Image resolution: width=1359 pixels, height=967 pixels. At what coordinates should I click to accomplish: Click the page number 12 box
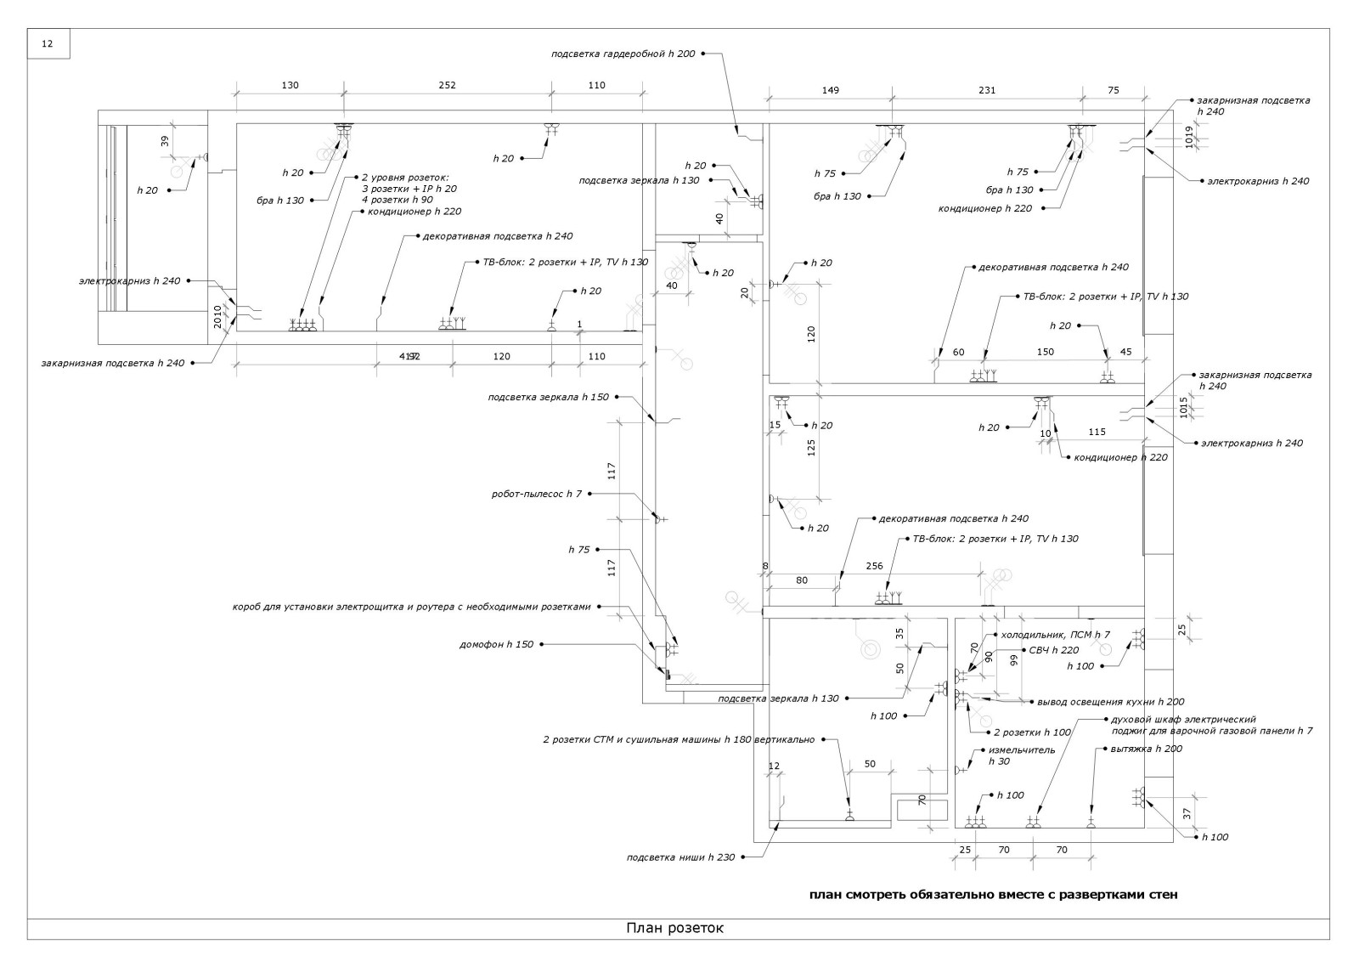pyautogui.click(x=48, y=44)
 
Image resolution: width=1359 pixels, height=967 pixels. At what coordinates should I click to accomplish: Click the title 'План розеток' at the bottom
pyautogui.click(x=675, y=928)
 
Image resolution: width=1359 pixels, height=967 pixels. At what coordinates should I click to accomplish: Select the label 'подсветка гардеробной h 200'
pyautogui.click(x=623, y=54)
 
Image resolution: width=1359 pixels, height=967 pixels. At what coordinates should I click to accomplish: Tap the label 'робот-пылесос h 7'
pyautogui.click(x=537, y=494)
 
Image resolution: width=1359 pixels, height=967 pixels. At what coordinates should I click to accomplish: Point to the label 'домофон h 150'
pyautogui.click(x=497, y=644)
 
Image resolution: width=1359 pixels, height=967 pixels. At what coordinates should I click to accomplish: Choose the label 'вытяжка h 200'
pyautogui.click(x=1146, y=749)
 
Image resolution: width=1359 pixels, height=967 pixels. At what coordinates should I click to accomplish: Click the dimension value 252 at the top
pyautogui.click(x=447, y=85)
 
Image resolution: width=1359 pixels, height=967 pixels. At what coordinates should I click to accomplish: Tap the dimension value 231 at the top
pyautogui.click(x=986, y=90)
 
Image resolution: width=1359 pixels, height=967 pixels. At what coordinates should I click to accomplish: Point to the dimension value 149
pyautogui.click(x=830, y=90)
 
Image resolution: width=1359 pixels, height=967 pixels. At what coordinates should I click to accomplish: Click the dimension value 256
pyautogui.click(x=874, y=566)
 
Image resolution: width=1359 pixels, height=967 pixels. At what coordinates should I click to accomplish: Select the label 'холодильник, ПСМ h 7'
pyautogui.click(x=1056, y=635)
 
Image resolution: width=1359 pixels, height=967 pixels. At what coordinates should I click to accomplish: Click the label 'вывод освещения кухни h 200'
pyautogui.click(x=1110, y=702)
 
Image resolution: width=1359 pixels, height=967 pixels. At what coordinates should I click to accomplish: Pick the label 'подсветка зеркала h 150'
pyautogui.click(x=549, y=397)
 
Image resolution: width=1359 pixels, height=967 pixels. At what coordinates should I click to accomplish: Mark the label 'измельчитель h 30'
pyautogui.click(x=1022, y=755)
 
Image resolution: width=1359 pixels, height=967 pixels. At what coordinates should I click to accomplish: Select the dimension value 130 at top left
pyautogui.click(x=290, y=85)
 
